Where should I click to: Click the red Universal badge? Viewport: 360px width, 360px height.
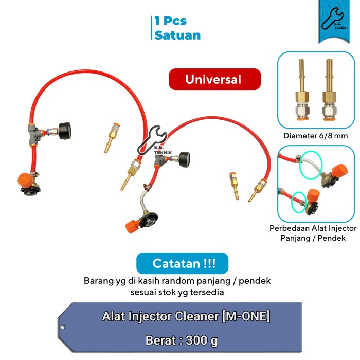[x=214, y=79]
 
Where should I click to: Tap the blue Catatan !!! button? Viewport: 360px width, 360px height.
[x=182, y=263]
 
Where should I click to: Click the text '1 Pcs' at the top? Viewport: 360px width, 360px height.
[x=171, y=21]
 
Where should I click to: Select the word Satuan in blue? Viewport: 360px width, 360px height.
[x=177, y=35]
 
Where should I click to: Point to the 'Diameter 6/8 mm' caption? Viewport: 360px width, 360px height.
[x=315, y=136]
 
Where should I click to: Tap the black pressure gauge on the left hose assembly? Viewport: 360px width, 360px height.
[x=65, y=131]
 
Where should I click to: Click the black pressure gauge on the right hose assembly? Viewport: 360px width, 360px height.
[x=184, y=159]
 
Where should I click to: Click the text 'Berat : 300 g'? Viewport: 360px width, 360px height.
[x=182, y=340]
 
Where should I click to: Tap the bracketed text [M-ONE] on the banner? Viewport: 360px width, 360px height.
[x=246, y=316]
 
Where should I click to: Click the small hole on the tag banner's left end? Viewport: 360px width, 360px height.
[x=63, y=327]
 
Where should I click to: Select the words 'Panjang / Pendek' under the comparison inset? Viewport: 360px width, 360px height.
[x=313, y=238]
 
